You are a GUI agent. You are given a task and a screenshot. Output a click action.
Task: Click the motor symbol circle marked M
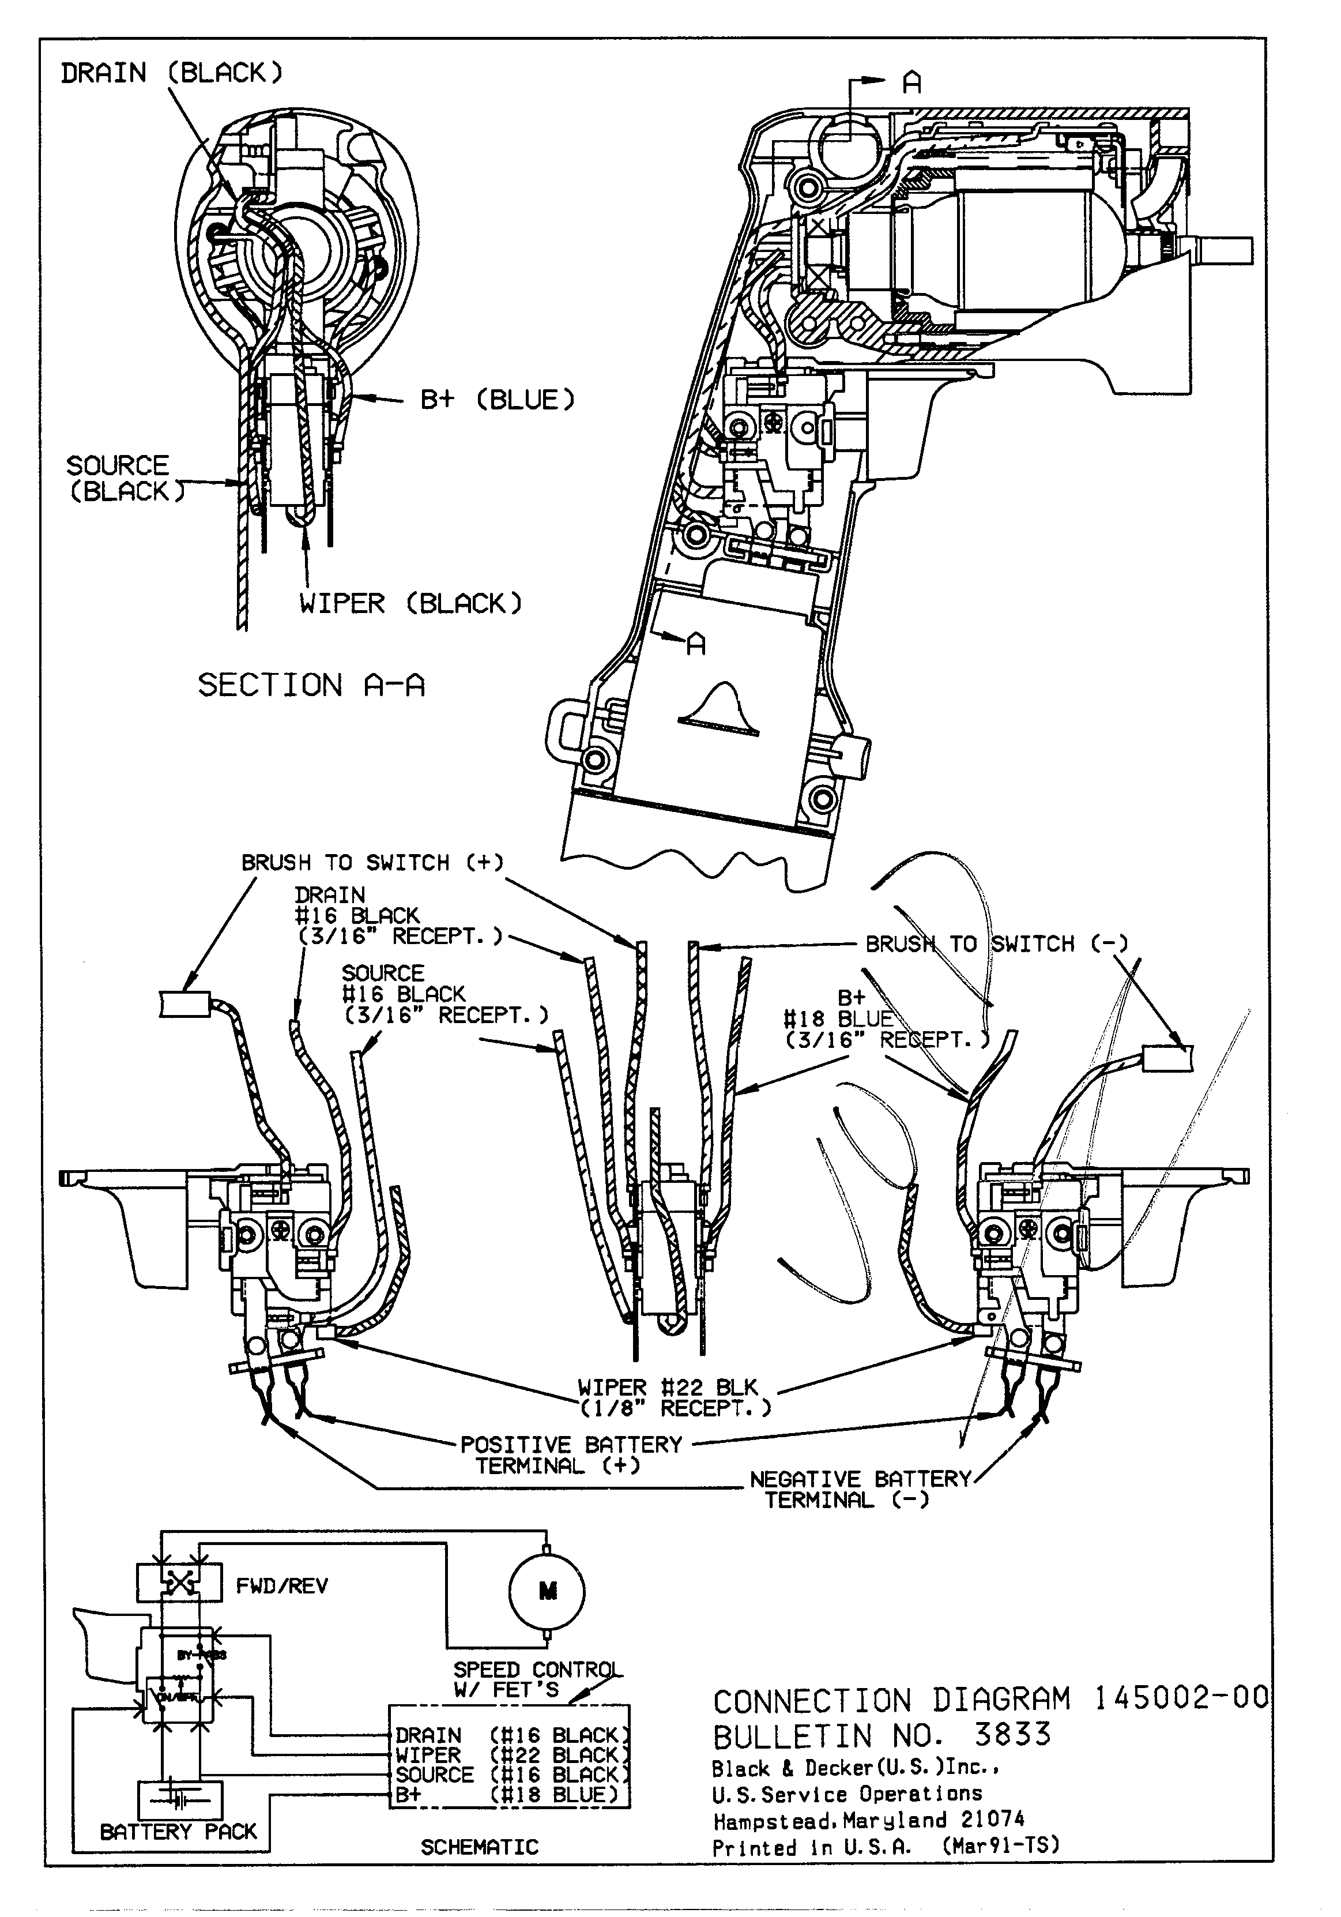[x=547, y=1591]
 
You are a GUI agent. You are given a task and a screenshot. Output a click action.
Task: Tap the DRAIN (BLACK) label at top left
[x=172, y=73]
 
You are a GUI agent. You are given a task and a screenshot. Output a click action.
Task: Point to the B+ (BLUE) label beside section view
[x=498, y=400]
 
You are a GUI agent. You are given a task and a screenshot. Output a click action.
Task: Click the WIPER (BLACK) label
[x=410, y=603]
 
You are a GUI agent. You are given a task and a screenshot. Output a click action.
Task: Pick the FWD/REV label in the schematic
[x=282, y=1585]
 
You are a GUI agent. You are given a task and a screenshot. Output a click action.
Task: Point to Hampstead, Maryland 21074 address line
[x=868, y=1820]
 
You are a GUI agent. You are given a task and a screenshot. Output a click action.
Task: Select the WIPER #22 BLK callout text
[x=668, y=1387]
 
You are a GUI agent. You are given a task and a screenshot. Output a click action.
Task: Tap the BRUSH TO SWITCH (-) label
[x=996, y=944]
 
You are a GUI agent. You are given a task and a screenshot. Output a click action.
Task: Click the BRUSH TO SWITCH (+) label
[x=372, y=863]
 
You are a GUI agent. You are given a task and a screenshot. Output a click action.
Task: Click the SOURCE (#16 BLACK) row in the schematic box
[x=511, y=1774]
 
